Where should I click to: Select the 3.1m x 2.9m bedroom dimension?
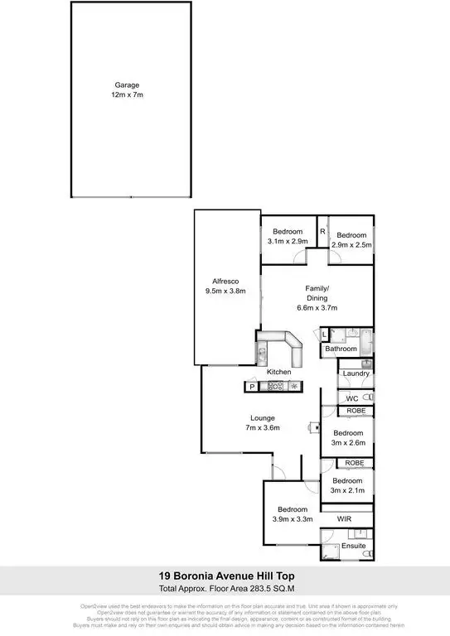[288, 241]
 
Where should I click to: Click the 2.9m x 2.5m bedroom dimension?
[351, 245]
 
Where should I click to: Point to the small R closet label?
[322, 231]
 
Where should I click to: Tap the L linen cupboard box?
[324, 335]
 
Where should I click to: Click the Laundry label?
[355, 373]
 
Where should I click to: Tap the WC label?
[351, 398]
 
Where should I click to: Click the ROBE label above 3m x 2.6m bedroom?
[356, 411]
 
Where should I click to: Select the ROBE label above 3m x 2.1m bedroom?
[356, 463]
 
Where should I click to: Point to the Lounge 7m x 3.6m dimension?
[264, 428]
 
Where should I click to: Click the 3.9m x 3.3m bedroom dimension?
[293, 519]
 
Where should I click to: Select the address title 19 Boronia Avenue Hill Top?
[225, 576]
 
